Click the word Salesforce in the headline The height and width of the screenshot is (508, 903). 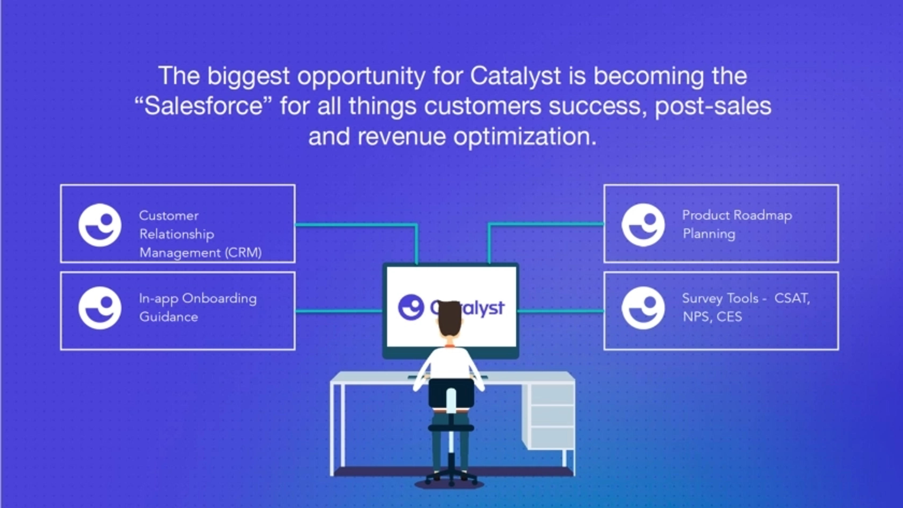[x=204, y=106]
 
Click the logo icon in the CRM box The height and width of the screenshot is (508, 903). [x=100, y=225]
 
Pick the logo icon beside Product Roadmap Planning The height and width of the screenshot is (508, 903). [x=643, y=225]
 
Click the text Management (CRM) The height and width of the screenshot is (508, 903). [x=201, y=253]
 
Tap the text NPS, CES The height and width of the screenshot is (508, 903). [x=712, y=317]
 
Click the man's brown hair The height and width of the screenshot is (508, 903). [x=450, y=317]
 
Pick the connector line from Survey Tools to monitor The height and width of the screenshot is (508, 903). [x=561, y=311]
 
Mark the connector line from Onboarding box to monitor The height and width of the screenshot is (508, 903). [x=339, y=311]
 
